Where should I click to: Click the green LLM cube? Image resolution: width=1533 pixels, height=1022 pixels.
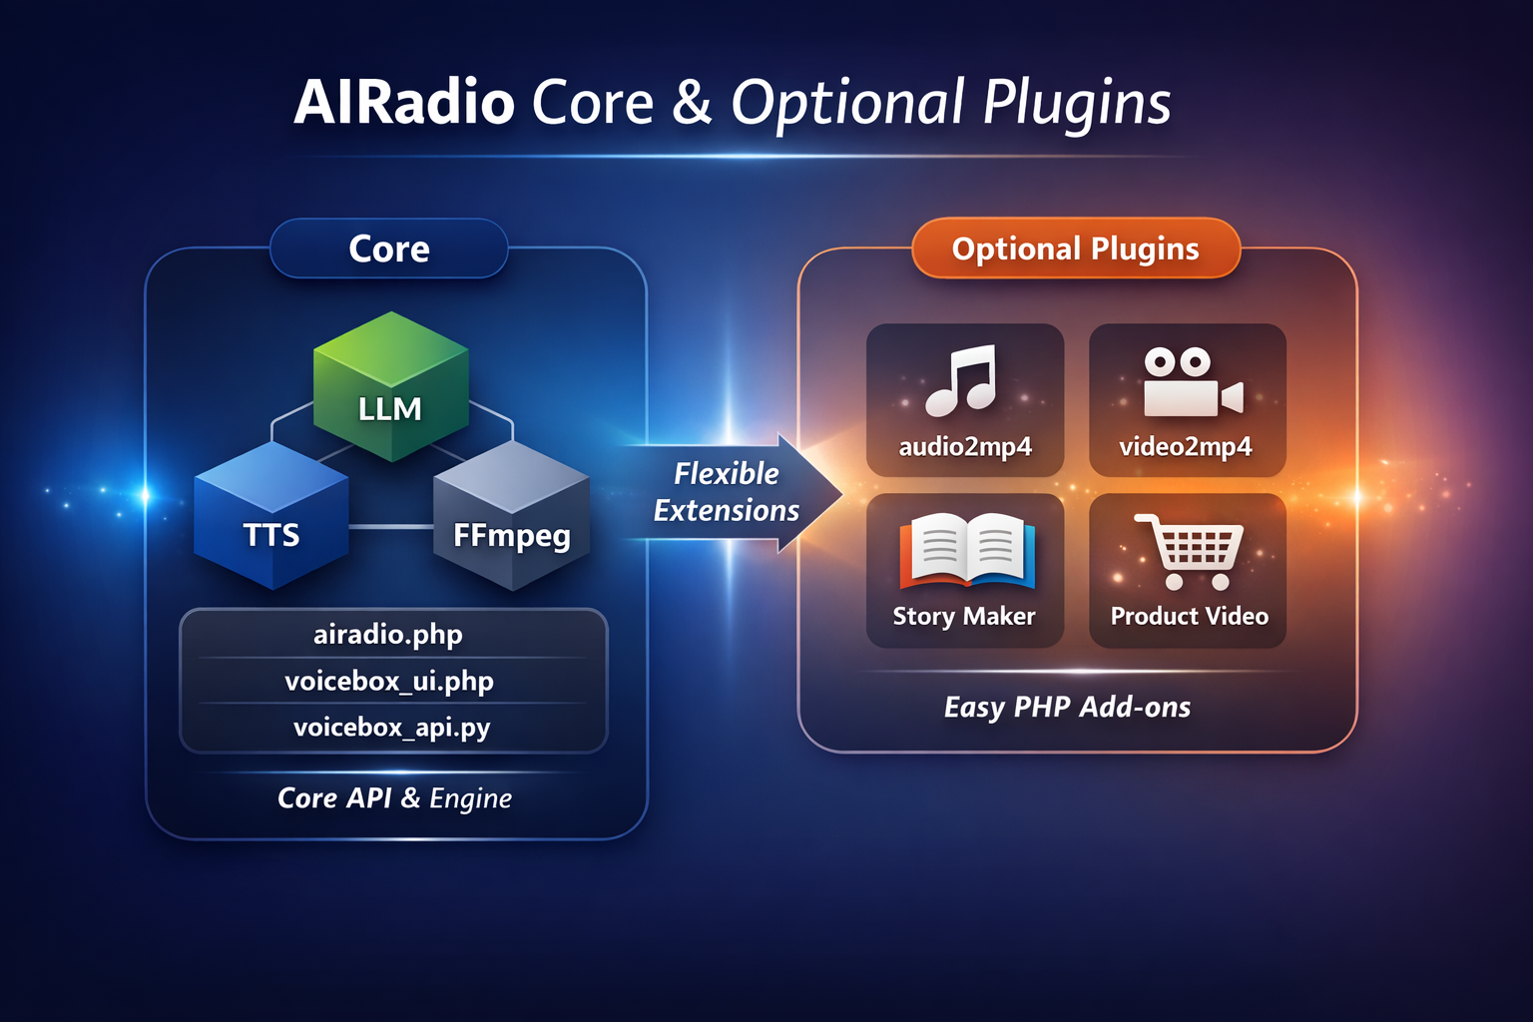[x=390, y=389]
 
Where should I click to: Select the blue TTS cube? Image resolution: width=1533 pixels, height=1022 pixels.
[x=271, y=519]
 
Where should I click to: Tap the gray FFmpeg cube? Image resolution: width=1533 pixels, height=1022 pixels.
[x=511, y=519]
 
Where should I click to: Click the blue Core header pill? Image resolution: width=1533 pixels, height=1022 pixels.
[x=389, y=249]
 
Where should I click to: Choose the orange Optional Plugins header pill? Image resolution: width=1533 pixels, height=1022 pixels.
[x=1075, y=249]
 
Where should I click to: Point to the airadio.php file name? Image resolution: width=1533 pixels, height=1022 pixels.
[x=388, y=635]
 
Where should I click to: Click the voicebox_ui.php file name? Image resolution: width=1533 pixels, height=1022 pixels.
[x=389, y=682]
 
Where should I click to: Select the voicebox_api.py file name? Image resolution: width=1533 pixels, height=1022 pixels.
[x=391, y=728]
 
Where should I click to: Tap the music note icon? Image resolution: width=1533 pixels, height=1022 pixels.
[x=961, y=380]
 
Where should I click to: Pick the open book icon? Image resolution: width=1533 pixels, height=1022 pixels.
[x=966, y=551]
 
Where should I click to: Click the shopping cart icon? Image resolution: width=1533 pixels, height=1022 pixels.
[x=1190, y=552]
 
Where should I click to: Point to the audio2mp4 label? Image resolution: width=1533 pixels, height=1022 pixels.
[x=965, y=446]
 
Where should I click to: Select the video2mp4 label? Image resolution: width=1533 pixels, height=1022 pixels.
[x=1186, y=446]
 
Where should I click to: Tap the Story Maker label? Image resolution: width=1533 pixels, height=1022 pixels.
[x=964, y=616]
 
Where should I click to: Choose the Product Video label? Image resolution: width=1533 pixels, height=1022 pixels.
[x=1190, y=616]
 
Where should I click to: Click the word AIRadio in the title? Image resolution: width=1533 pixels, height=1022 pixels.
[x=404, y=103]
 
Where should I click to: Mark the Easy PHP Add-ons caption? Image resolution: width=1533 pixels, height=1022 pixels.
[x=1067, y=708]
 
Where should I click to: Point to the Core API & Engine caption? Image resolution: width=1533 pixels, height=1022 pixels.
[x=394, y=798]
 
